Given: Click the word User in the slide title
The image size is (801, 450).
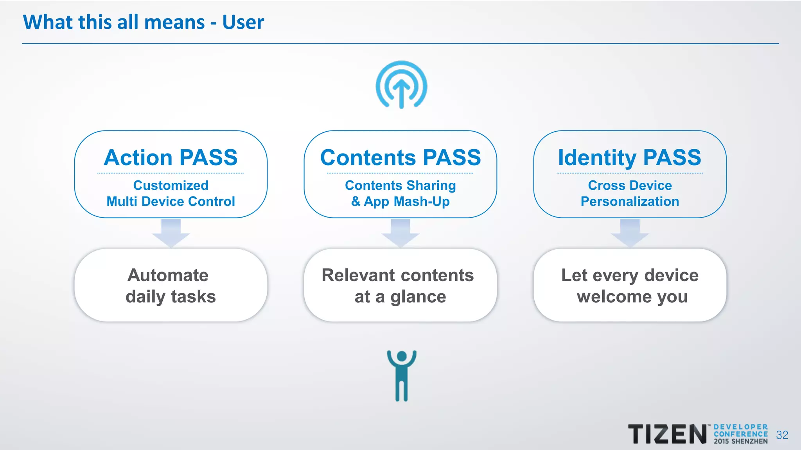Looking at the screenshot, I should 243,22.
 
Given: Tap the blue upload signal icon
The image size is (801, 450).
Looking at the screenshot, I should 401,85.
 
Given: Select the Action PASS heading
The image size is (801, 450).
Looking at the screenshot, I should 171,157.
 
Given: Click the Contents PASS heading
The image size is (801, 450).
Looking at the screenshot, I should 400,157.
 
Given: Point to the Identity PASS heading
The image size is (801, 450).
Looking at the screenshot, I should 630,157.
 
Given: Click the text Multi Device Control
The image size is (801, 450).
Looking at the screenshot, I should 171,202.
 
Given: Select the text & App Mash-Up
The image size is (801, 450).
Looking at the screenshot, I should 400,202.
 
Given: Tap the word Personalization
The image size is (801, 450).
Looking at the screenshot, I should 630,202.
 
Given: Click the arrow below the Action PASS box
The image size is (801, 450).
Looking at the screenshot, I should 171,232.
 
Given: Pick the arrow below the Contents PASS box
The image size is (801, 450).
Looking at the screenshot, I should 400,232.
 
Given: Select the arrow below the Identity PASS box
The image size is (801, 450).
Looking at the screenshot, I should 630,232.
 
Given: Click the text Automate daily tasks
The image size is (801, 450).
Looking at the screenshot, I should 171,286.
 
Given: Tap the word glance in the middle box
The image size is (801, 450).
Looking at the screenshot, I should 418,297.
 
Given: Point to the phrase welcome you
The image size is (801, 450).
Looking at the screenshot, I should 632,297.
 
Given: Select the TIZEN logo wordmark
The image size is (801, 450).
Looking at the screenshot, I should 667,434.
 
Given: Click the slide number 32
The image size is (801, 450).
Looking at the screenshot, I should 782,435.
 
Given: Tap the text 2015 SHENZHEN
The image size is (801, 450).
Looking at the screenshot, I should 741,441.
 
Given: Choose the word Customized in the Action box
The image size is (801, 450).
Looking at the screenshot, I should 171,185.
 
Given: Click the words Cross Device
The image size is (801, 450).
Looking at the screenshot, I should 630,185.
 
